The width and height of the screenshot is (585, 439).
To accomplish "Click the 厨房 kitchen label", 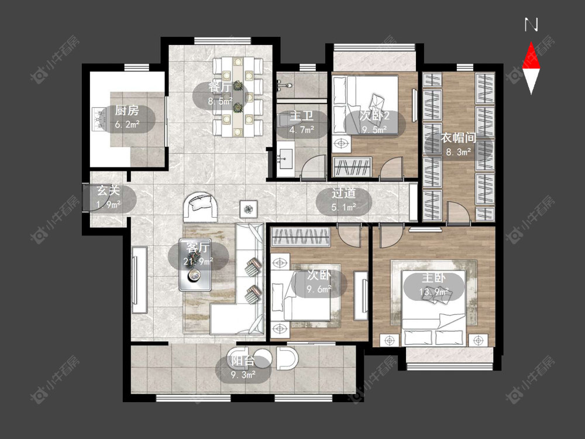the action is (x=127, y=111).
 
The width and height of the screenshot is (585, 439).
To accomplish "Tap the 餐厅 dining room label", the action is (x=220, y=87).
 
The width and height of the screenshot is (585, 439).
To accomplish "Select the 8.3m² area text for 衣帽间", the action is (x=459, y=152).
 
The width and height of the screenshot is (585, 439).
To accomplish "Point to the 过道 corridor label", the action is (x=343, y=193).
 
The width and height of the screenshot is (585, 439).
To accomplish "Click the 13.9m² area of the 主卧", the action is (x=434, y=291).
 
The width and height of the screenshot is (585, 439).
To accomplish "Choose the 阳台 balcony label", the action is (x=243, y=361).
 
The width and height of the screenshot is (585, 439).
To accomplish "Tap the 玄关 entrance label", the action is (x=108, y=191).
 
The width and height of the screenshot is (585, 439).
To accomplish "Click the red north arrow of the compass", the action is (x=531, y=55).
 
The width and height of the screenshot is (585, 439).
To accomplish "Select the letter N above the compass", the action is (x=531, y=25).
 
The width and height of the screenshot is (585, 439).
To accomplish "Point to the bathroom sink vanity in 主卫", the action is (x=286, y=158).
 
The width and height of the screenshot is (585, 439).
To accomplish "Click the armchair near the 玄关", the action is (x=201, y=207).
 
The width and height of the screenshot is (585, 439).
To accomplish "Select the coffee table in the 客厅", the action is (x=195, y=265).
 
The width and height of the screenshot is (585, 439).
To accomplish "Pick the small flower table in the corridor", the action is (x=247, y=209).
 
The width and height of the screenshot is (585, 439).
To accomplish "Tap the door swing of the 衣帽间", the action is (x=458, y=213).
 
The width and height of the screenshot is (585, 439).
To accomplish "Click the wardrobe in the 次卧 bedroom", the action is (x=301, y=236).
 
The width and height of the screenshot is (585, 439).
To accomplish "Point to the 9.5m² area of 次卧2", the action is (x=374, y=129).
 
